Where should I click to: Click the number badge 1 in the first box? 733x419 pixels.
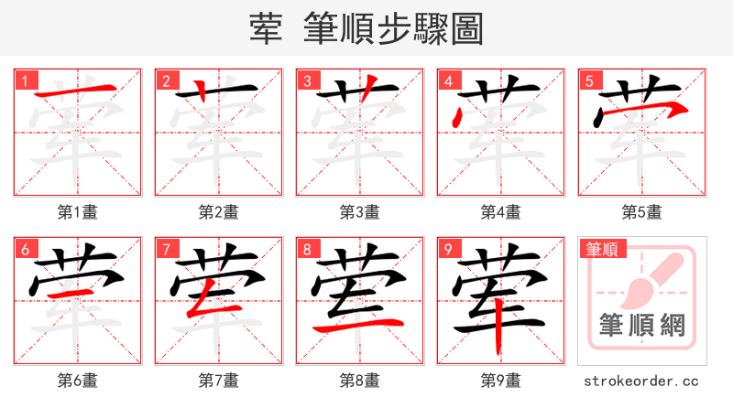click(x=25, y=81)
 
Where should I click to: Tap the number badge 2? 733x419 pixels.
click(x=166, y=81)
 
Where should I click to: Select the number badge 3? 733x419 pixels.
click(x=307, y=81)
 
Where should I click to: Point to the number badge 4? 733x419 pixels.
click(x=448, y=81)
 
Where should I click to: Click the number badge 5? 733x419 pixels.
click(x=589, y=81)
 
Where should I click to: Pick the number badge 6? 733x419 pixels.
click(x=25, y=249)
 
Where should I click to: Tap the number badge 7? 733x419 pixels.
click(x=166, y=249)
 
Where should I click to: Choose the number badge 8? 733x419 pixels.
click(x=307, y=249)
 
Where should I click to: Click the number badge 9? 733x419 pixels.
click(x=448, y=249)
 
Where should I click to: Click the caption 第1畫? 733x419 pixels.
click(x=78, y=212)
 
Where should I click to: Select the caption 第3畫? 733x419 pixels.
click(x=360, y=212)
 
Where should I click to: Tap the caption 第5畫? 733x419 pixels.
click(x=642, y=212)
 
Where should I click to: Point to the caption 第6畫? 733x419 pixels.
click(x=78, y=381)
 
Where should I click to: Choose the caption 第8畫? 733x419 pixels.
click(x=360, y=381)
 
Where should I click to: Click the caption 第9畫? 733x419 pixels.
click(x=501, y=381)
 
